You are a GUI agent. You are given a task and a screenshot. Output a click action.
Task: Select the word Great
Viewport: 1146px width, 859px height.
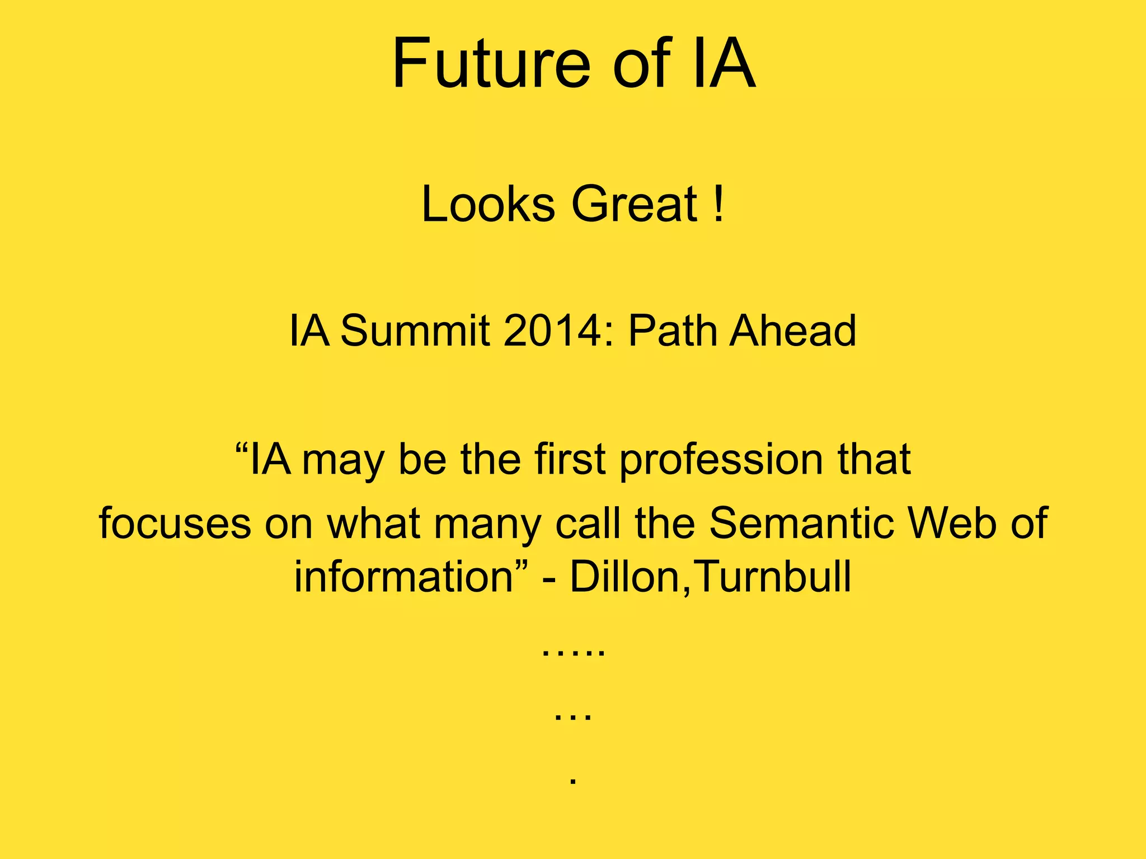pos(634,204)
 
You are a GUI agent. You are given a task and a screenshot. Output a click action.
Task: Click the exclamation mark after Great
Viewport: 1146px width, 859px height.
pos(719,204)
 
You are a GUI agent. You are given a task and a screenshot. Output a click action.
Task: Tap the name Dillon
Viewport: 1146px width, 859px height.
pos(624,577)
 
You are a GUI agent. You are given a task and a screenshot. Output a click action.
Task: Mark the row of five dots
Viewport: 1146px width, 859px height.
pos(573,653)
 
